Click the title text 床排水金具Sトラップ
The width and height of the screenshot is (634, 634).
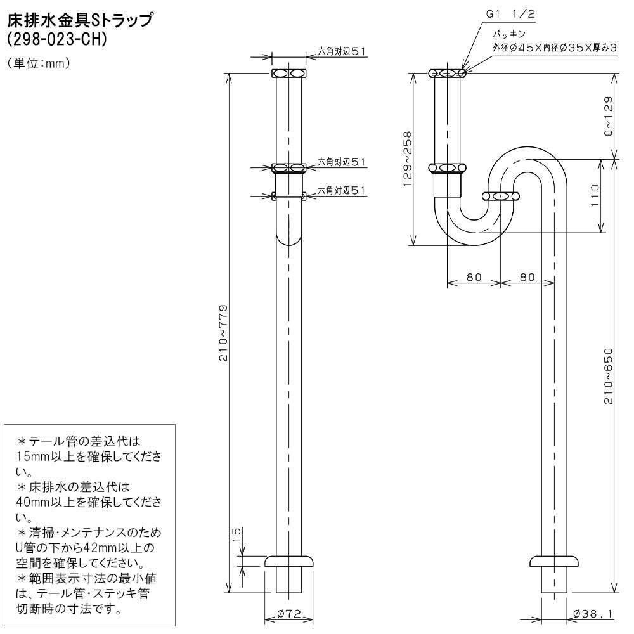[79, 21]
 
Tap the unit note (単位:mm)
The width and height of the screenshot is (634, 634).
[37, 64]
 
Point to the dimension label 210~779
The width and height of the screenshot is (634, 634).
[223, 333]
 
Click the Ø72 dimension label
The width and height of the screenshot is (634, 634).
[288, 613]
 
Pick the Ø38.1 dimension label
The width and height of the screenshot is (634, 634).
[592, 613]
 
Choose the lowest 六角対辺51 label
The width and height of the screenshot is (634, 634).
[341, 190]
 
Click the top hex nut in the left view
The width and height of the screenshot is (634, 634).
[288, 74]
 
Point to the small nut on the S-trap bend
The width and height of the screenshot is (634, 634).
[500, 197]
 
